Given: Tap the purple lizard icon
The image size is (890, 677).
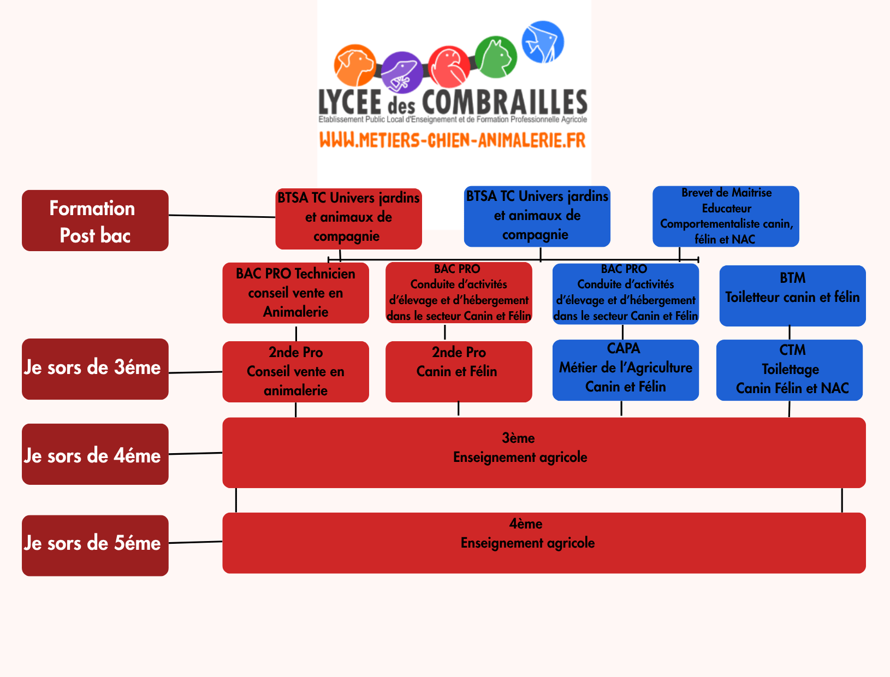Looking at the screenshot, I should tap(401, 73).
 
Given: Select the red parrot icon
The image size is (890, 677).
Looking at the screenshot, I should tap(449, 67).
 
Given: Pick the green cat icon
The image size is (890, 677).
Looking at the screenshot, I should tap(496, 57).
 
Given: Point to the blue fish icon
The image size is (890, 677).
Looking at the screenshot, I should tap(543, 42).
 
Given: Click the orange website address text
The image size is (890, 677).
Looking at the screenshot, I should tap(453, 140).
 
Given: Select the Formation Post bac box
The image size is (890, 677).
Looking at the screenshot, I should tap(95, 221).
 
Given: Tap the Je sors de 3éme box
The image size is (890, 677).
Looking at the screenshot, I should tap(95, 369).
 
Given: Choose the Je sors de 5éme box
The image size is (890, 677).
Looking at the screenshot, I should tap(95, 545).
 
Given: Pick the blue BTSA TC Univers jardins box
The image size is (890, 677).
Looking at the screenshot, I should tap(537, 216).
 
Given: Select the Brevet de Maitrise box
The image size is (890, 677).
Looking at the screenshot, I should tap(726, 216).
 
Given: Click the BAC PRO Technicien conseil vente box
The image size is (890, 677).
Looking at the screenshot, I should tap(295, 293).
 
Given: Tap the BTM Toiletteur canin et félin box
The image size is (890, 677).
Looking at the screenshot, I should tap(792, 295).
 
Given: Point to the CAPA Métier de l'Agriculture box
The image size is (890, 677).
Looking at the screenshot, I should tap(625, 370).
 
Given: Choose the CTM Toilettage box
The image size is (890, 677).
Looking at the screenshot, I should tap(789, 370).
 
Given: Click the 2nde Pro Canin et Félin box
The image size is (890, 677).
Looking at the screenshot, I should tap(459, 371).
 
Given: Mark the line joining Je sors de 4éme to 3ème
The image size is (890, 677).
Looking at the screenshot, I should tap(195, 453).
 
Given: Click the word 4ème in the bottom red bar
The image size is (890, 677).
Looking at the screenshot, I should tap(526, 524).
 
